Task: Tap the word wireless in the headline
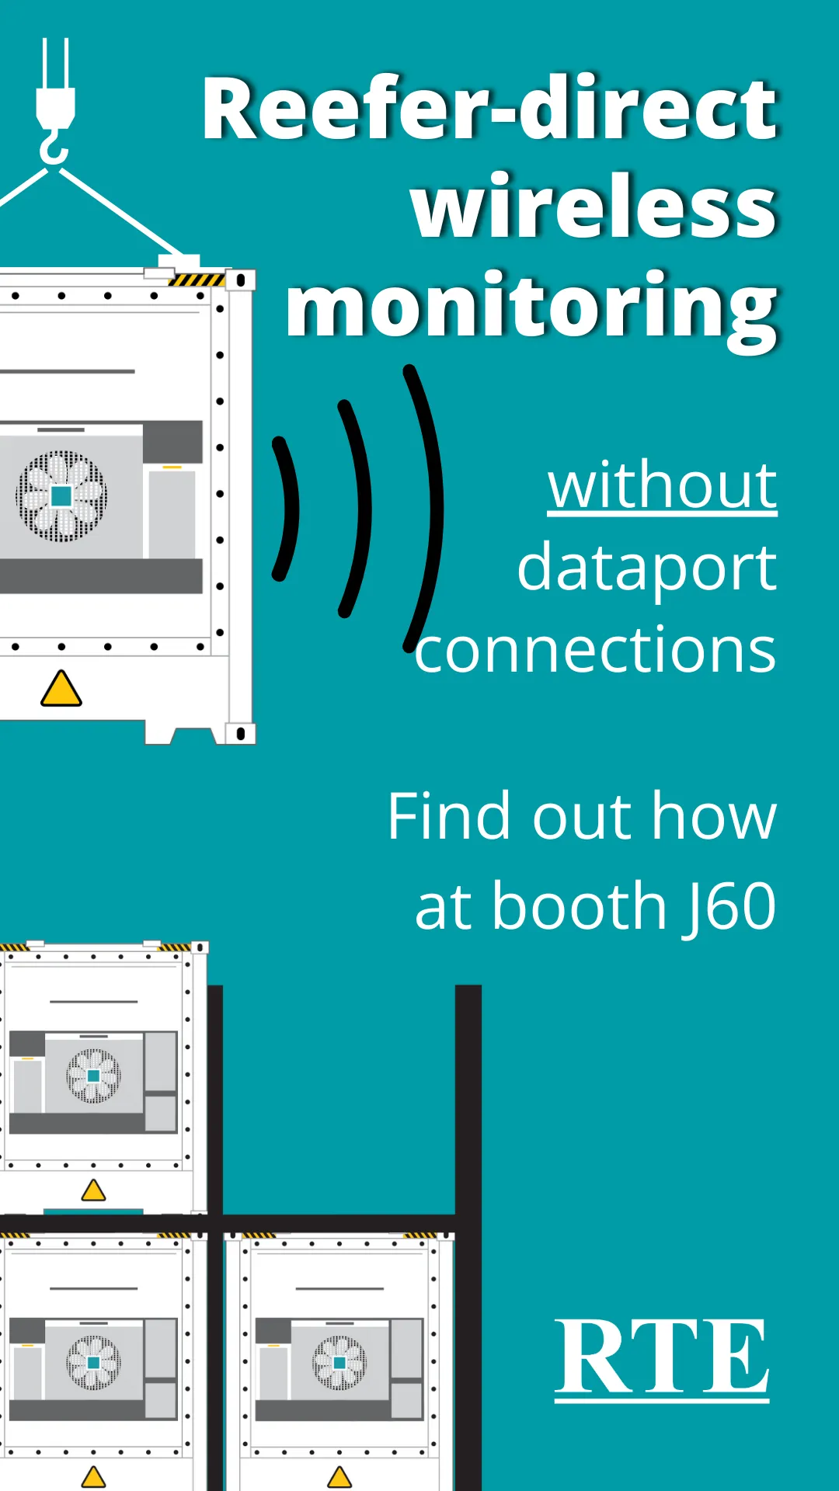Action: click(594, 208)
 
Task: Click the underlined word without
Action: click(662, 485)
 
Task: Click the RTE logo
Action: click(662, 1359)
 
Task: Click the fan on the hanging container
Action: click(61, 496)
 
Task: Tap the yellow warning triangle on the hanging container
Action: click(61, 689)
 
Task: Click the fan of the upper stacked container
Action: click(93, 1076)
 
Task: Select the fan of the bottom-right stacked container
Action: click(339, 1362)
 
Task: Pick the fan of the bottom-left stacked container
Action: click(93, 1362)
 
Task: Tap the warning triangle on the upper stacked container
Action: click(93, 1190)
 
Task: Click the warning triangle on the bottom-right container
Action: click(339, 1476)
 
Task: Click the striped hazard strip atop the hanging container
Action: click(197, 280)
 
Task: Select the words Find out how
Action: click(582, 816)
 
